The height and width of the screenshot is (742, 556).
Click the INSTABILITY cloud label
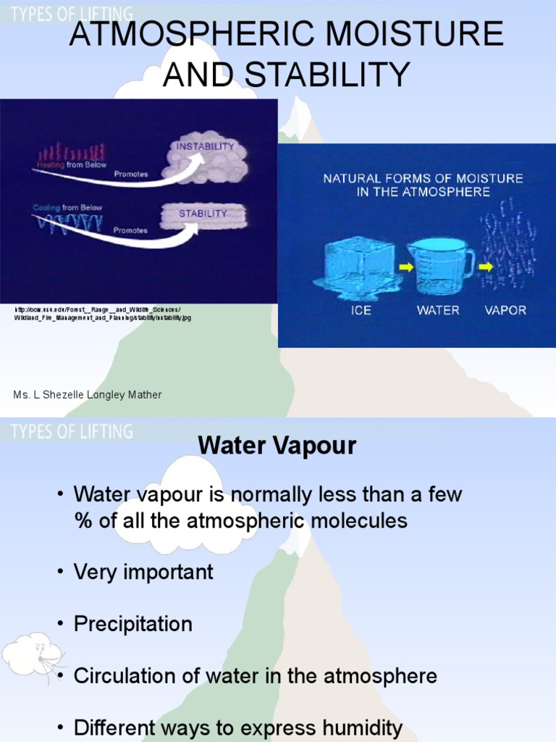point(206,146)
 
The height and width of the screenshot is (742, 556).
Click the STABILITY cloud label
point(203,214)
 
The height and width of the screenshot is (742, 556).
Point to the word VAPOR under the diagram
point(505,310)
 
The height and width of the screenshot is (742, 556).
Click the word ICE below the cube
point(362,310)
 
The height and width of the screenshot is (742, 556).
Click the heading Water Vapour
point(277,446)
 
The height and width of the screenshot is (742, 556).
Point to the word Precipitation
point(133,624)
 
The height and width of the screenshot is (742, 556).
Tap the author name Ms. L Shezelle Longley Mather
point(88,395)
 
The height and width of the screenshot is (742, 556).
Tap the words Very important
point(143,572)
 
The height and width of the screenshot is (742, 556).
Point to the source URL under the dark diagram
point(103,313)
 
